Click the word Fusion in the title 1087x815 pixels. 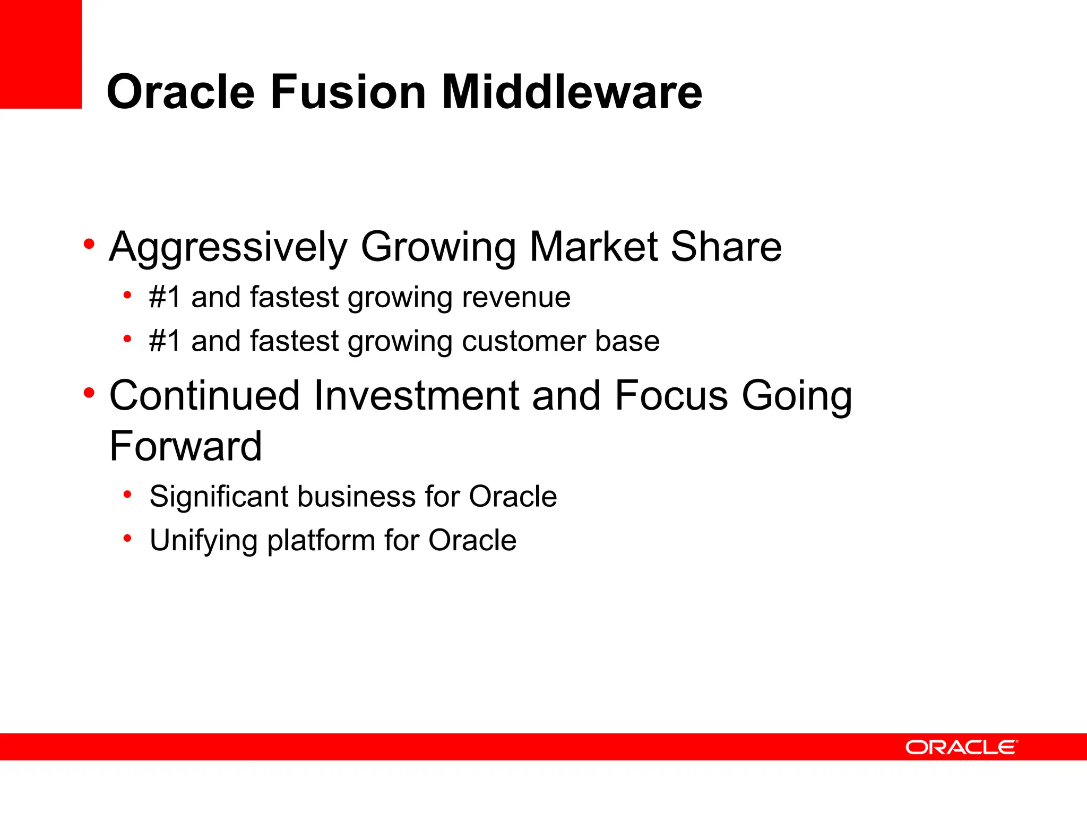[348, 92]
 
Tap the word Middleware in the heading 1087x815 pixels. [572, 92]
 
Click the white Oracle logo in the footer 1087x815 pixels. [961, 747]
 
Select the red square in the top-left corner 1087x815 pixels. [40, 54]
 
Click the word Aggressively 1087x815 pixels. [228, 247]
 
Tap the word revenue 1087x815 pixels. [516, 297]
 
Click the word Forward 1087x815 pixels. [185, 446]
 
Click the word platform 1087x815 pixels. [321, 541]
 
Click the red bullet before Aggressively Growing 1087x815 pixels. [89, 245]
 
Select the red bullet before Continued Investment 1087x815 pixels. [89, 393]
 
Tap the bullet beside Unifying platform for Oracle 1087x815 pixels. [127, 539]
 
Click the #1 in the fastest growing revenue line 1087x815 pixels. [165, 297]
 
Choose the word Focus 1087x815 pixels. [671, 395]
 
